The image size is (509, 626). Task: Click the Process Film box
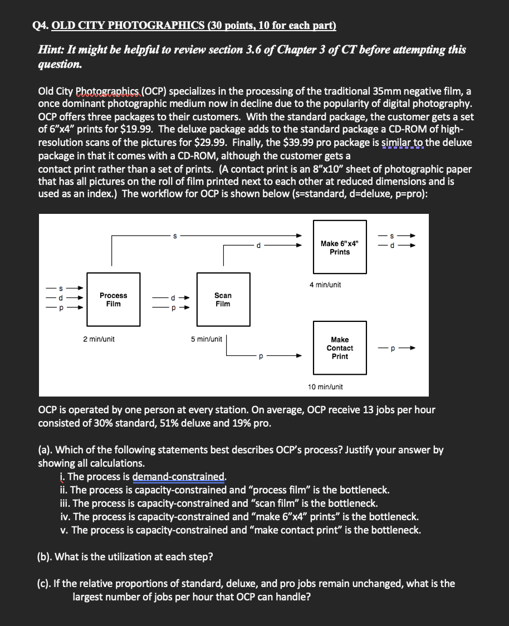[113, 300]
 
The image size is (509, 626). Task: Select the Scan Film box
[223, 300]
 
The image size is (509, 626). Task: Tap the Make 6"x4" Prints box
[340, 248]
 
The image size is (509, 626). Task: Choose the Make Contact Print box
[340, 348]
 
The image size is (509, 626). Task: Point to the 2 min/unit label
[99, 339]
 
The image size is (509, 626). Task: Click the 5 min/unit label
[206, 339]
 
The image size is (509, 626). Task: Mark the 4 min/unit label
[325, 285]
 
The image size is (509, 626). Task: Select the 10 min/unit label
[325, 387]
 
